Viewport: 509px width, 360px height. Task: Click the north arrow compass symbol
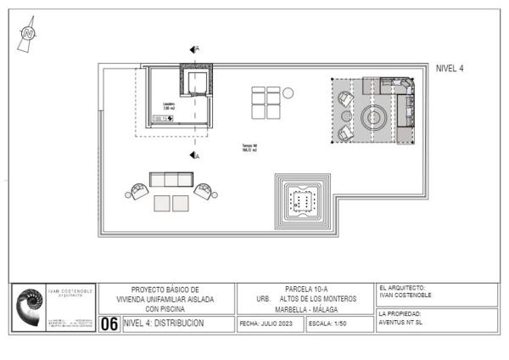pos(29,33)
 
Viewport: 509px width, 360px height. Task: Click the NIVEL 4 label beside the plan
pos(450,68)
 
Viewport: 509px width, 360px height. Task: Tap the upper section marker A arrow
pos(194,50)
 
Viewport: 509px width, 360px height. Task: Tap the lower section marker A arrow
pos(194,155)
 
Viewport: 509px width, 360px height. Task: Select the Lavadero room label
pos(169,106)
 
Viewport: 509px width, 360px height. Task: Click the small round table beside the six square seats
pos(288,93)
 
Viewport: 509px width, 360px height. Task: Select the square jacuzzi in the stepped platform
pos(302,200)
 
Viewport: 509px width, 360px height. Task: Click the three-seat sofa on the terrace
pos(171,179)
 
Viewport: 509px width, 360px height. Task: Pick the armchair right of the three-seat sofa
pos(204,190)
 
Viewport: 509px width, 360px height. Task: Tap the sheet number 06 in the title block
pos(109,323)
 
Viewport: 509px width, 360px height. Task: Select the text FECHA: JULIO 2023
pos(270,323)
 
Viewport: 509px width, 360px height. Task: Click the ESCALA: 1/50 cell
pos(328,323)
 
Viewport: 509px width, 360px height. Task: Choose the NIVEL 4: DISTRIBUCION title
pos(164,323)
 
